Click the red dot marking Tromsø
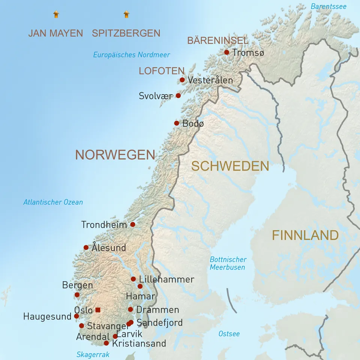click(x=226, y=52)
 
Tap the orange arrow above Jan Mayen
click(x=56, y=15)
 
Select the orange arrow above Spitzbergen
click(x=126, y=15)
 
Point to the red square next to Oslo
click(x=98, y=310)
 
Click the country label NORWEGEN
click(x=115, y=154)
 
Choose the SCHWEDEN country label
click(x=230, y=166)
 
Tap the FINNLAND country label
click(x=305, y=235)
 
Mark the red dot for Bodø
click(x=177, y=123)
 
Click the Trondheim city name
click(x=104, y=225)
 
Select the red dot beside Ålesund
click(x=86, y=247)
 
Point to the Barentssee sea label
click(x=328, y=6)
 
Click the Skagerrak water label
click(x=93, y=354)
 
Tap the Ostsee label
click(x=229, y=334)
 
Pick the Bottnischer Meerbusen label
click(x=228, y=263)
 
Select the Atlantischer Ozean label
click(x=53, y=202)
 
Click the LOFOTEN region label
click(x=161, y=71)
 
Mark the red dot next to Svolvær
click(x=178, y=96)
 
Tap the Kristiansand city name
click(x=139, y=343)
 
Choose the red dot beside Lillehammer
click(x=133, y=279)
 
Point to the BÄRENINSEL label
click(x=217, y=40)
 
